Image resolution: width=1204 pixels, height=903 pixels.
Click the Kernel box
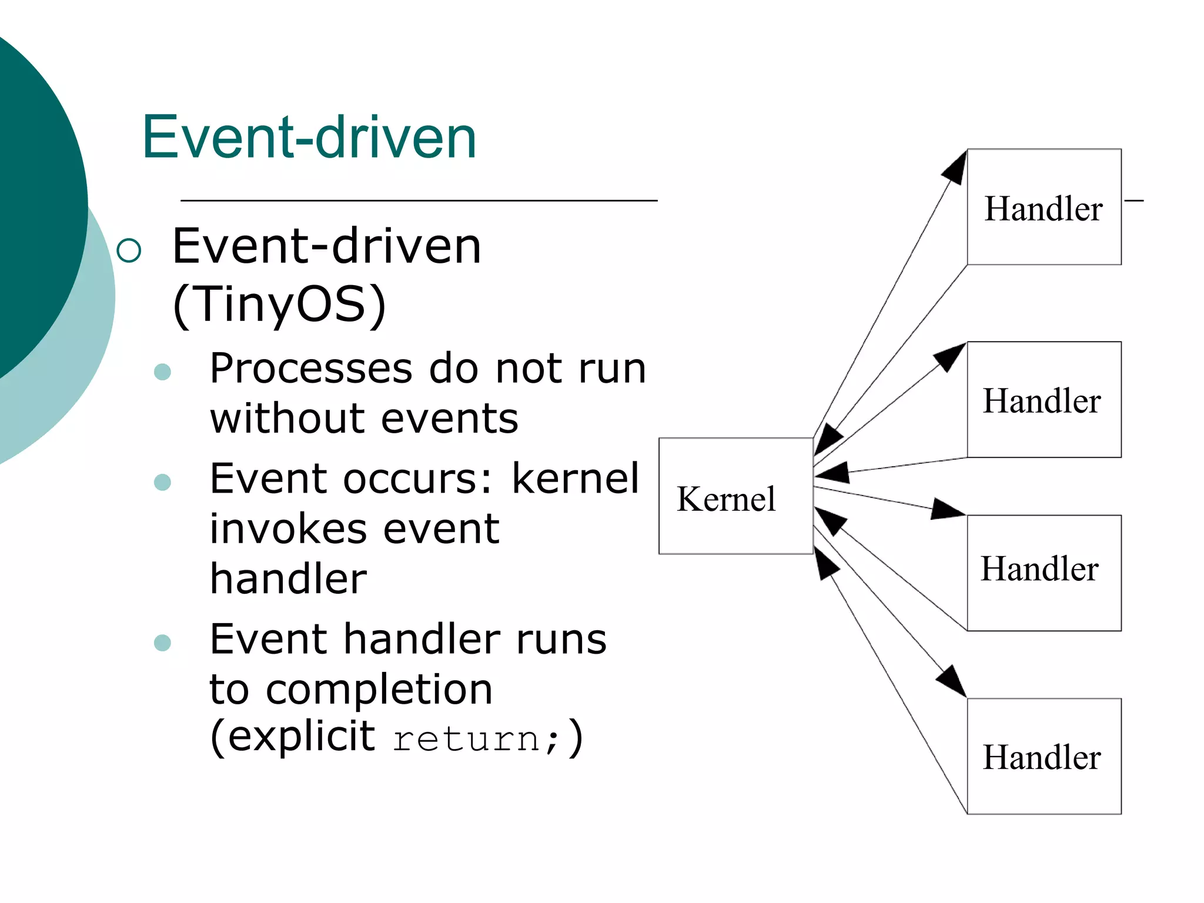tap(735, 496)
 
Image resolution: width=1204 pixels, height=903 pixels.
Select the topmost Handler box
tap(1044, 207)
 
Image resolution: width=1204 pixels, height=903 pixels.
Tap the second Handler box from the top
tap(1044, 399)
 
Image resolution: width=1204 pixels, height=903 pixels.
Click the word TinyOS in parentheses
tap(279, 304)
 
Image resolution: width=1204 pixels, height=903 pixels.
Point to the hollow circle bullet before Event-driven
tap(129, 250)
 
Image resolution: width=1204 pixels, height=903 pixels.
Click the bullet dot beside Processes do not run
tap(162, 372)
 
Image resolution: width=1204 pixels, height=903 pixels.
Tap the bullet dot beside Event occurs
tap(162, 482)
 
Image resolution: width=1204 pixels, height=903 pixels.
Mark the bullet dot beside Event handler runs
tap(162, 643)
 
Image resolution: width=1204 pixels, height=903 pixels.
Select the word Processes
tap(311, 369)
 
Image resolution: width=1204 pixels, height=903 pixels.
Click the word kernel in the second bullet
tap(574, 479)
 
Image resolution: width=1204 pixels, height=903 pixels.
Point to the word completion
tap(379, 690)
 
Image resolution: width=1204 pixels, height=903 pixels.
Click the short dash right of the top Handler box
tap(1133, 201)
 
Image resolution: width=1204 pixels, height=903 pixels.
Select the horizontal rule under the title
tap(419, 200)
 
